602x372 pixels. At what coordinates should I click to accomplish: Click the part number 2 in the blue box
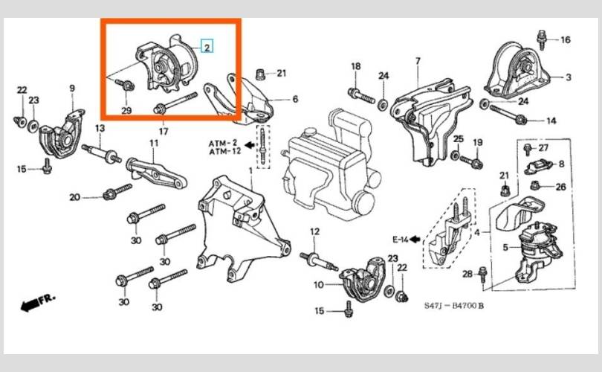(x=207, y=48)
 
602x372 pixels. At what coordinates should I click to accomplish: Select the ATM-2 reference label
(x=223, y=144)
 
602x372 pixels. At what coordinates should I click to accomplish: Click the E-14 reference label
(x=401, y=240)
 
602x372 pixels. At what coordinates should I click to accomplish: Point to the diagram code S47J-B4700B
(x=454, y=306)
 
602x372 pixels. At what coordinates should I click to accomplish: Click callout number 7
(x=418, y=61)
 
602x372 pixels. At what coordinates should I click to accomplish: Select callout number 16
(x=566, y=39)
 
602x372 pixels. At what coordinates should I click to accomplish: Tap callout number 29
(x=126, y=111)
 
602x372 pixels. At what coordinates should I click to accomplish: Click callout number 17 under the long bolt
(x=164, y=131)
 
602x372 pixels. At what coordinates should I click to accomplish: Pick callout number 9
(x=72, y=88)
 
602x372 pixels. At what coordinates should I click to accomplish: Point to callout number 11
(x=154, y=143)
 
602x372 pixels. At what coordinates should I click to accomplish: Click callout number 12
(x=314, y=231)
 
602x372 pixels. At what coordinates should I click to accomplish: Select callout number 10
(x=319, y=285)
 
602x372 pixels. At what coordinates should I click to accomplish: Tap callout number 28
(x=467, y=274)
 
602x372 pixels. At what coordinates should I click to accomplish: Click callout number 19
(x=478, y=143)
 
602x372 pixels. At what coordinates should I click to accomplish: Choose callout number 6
(x=295, y=99)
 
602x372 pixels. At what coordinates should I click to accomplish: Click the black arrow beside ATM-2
(x=250, y=145)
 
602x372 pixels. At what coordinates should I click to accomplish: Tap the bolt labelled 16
(x=542, y=39)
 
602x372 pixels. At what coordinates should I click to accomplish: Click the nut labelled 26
(x=535, y=185)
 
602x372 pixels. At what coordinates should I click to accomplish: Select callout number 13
(x=100, y=128)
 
